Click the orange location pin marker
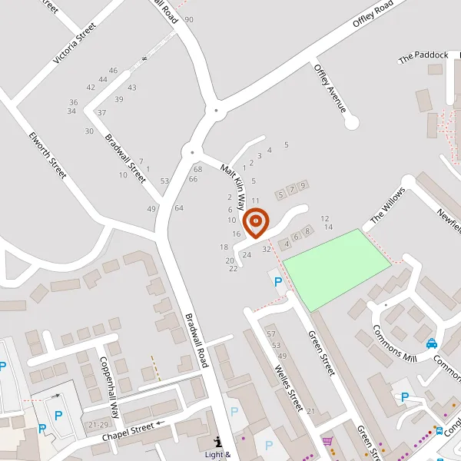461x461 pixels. (256, 221)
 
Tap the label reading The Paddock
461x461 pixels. (423, 56)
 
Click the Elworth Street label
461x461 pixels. (48, 158)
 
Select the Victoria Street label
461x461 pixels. (75, 42)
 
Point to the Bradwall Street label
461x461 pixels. (125, 158)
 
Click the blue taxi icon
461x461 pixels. (432, 343)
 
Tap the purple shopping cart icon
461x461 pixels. (328, 441)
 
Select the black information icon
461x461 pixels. (218, 442)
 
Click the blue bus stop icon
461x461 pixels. (439, 430)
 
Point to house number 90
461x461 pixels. (189, 19)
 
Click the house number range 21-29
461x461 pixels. (98, 425)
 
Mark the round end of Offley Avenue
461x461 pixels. (352, 122)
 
